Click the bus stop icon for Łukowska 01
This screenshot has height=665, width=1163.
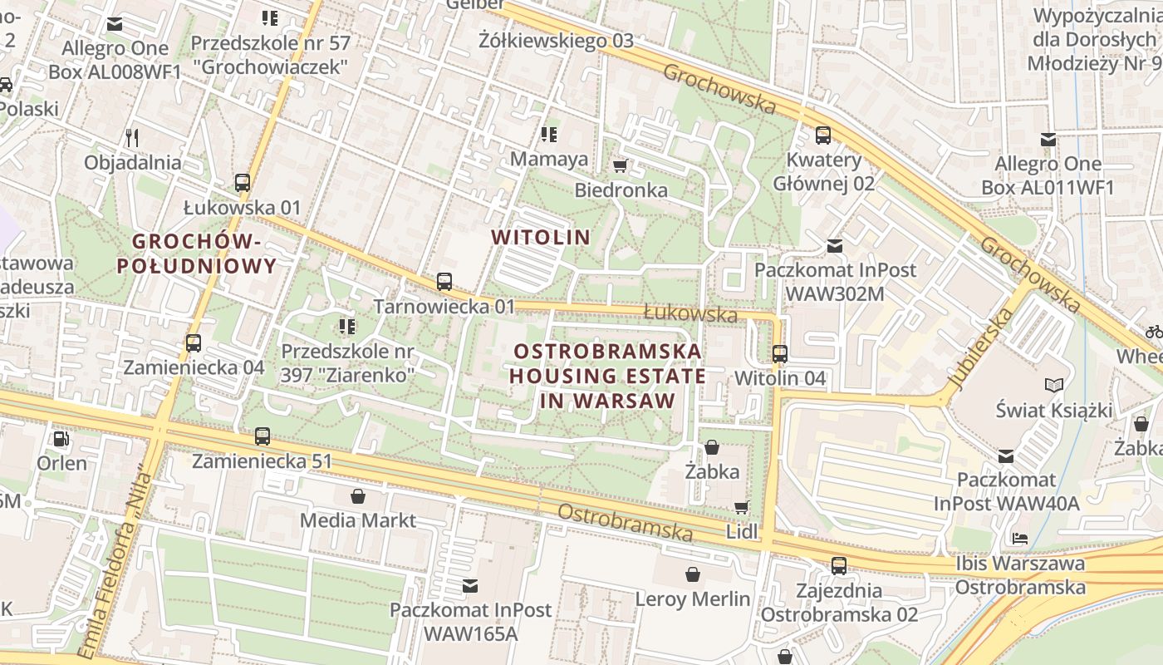(243, 183)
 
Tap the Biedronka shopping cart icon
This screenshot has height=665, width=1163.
(620, 166)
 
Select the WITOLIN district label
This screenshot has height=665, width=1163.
(541, 237)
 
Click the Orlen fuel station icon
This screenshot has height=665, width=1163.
(61, 438)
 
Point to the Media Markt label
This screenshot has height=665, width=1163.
(358, 520)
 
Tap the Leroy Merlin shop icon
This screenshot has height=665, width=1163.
(693, 574)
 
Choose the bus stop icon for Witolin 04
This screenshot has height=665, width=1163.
(780, 354)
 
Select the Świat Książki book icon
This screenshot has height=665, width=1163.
(1054, 386)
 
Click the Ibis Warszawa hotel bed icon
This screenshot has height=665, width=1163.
(1020, 539)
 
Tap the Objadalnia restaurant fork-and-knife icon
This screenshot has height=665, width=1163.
(131, 137)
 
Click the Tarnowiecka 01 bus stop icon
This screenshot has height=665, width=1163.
(444, 282)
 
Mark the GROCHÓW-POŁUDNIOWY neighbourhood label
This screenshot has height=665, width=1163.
(196, 254)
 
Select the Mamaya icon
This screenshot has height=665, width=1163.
(548, 134)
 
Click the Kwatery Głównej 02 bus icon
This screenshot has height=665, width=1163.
(823, 135)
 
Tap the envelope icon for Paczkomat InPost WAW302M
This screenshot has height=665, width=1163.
(835, 246)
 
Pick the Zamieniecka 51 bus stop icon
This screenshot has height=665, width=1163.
(263, 436)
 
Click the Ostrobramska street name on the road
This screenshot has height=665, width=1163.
(625, 522)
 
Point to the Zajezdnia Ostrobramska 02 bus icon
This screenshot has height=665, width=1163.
(839, 566)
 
